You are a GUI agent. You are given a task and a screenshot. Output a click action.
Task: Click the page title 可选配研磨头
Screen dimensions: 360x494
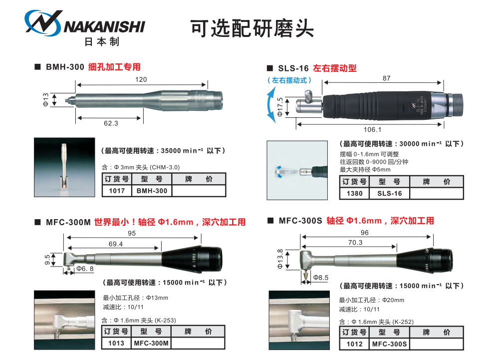(252, 29)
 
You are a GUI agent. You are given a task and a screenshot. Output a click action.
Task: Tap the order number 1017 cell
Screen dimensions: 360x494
(116, 190)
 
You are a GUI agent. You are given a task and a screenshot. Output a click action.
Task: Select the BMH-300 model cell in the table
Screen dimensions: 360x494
(151, 190)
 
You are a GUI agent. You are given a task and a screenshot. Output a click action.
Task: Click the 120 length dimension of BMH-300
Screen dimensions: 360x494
(141, 80)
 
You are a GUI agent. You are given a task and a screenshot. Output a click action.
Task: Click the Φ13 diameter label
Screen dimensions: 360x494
(45, 99)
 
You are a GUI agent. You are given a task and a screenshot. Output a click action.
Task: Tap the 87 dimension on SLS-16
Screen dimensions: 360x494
(386, 78)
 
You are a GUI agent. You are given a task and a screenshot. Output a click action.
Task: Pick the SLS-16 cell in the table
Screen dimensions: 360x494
(389, 193)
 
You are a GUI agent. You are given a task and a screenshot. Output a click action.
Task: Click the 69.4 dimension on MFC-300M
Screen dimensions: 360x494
(115, 244)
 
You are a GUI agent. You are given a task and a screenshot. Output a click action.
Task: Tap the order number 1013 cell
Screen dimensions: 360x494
(116, 343)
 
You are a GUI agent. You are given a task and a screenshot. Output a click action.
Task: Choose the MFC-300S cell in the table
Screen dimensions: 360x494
(389, 344)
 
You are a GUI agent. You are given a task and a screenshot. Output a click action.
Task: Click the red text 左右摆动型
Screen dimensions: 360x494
(334, 68)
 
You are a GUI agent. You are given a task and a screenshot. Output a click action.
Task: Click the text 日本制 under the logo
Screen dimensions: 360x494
(102, 42)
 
